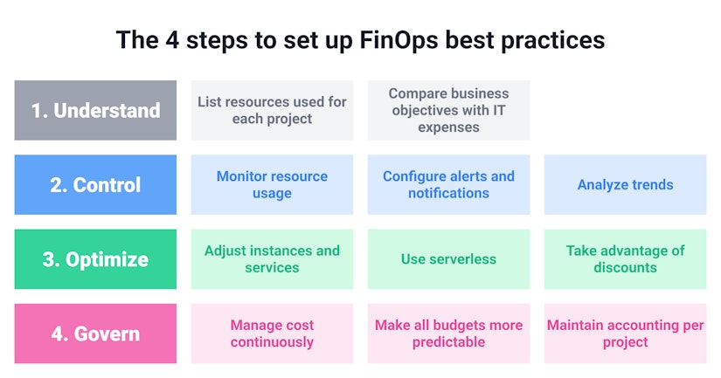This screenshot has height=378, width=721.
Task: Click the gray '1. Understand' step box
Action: tap(95, 111)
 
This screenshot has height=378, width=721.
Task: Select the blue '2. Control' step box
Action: tap(95, 185)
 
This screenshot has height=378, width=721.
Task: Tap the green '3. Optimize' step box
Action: tap(95, 259)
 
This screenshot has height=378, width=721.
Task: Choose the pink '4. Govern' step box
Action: tap(95, 333)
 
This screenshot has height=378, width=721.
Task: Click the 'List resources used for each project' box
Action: tap(272, 111)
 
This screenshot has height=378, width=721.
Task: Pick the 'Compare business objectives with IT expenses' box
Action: tap(448, 111)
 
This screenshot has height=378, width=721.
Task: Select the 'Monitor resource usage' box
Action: tap(272, 185)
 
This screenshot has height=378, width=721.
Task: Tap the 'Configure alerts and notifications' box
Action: tap(448, 185)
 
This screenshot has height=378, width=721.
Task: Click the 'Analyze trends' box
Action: tap(625, 185)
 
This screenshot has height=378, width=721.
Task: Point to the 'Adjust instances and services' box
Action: tap(272, 259)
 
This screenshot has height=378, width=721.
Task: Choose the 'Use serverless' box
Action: tap(448, 259)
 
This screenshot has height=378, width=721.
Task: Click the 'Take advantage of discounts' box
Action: tap(625, 259)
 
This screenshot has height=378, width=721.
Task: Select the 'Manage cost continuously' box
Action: tap(272, 333)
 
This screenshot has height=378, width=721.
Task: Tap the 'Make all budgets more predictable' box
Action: tap(448, 333)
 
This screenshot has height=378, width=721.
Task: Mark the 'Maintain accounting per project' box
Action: tap(625, 333)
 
